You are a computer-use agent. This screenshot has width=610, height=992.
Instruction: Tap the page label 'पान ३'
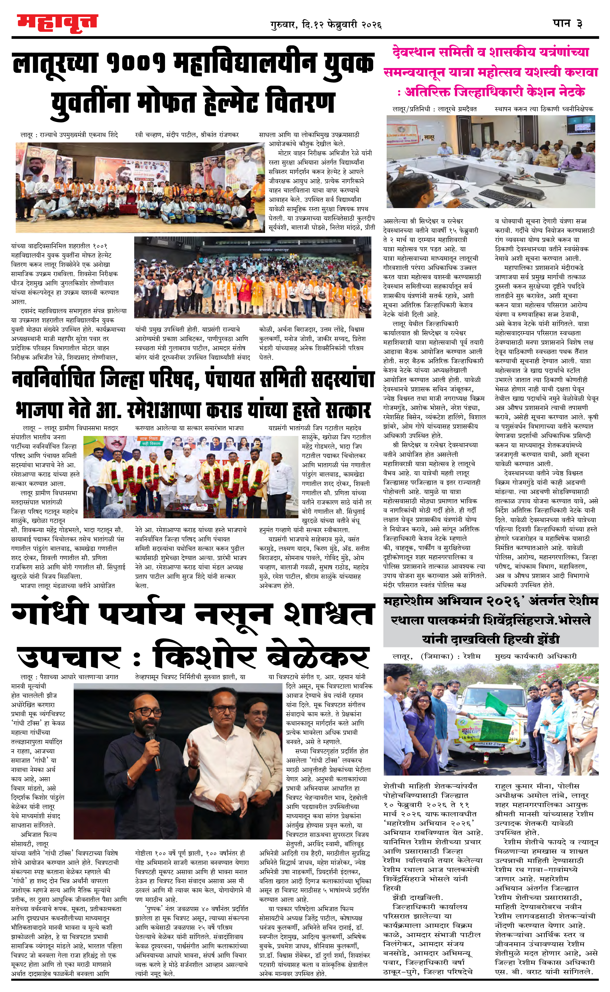point(568,23)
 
